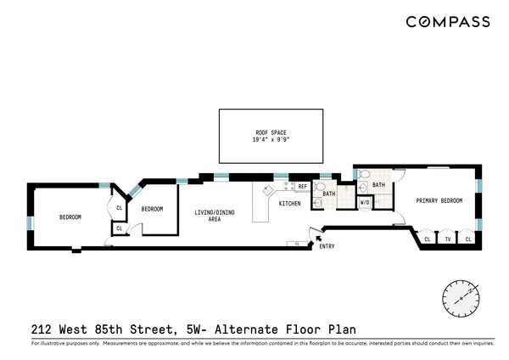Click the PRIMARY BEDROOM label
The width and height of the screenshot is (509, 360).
point(439,200)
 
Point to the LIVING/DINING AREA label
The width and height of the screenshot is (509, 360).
point(208,216)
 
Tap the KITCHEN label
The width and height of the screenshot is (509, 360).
point(290,204)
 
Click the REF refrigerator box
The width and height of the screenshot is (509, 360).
point(303,186)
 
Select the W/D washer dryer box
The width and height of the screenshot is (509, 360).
point(365,203)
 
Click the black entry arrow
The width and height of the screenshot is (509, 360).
point(319,240)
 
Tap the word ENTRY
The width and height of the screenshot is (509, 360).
point(327,247)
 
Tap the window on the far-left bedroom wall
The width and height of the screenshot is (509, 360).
point(30,223)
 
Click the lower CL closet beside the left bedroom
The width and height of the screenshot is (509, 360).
point(119,228)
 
